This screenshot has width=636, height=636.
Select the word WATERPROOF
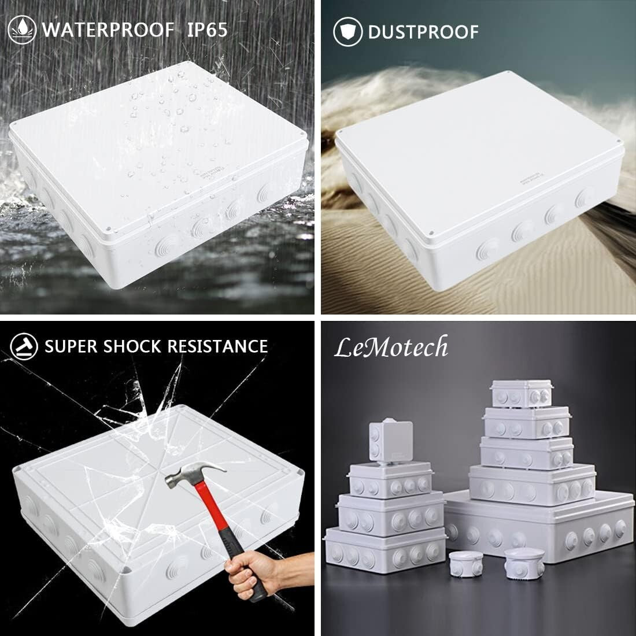pyautogui.click(x=108, y=30)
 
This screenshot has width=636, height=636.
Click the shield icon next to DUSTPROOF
pyautogui.click(x=347, y=31)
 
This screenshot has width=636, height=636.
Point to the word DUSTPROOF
pyautogui.click(x=423, y=31)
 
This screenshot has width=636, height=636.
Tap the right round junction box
pyautogui.click(x=519, y=560)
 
